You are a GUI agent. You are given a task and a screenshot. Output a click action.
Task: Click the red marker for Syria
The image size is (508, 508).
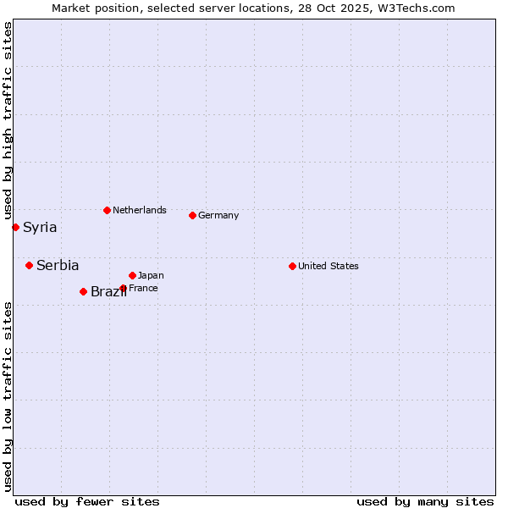[x=15, y=227]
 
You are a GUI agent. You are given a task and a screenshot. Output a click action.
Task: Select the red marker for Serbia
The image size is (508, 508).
[x=29, y=265]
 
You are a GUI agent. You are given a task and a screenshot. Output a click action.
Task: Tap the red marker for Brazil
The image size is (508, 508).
[x=83, y=291]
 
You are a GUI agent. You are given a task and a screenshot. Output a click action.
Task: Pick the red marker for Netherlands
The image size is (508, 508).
[x=107, y=210]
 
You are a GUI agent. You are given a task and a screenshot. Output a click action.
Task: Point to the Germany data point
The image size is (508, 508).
[x=192, y=215]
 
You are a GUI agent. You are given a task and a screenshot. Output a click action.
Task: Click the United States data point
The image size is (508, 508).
[x=292, y=266]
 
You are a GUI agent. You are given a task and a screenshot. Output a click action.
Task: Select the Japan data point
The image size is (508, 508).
[x=132, y=275]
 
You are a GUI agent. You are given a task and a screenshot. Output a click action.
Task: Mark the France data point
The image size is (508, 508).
[x=123, y=288]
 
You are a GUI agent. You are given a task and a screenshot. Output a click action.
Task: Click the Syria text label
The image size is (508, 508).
[x=40, y=227]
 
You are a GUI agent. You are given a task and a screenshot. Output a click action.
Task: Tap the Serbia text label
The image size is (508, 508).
[x=58, y=265]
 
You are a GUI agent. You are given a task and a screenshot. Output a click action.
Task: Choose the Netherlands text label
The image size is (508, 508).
[x=140, y=210]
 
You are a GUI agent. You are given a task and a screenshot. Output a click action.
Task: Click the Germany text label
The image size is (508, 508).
[x=218, y=215]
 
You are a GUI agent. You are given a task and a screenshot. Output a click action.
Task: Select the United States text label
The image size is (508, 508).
[x=329, y=266]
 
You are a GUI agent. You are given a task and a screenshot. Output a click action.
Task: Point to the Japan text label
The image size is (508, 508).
[x=151, y=275]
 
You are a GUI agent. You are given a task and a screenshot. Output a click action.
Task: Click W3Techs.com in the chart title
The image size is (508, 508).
[x=415, y=8]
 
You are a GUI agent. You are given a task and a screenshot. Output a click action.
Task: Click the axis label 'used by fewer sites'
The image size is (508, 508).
[x=87, y=501]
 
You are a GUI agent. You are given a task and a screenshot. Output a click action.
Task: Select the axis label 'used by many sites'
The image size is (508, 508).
[x=425, y=501]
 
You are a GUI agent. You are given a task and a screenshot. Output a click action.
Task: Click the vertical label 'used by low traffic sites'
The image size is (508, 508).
[x=8, y=396]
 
